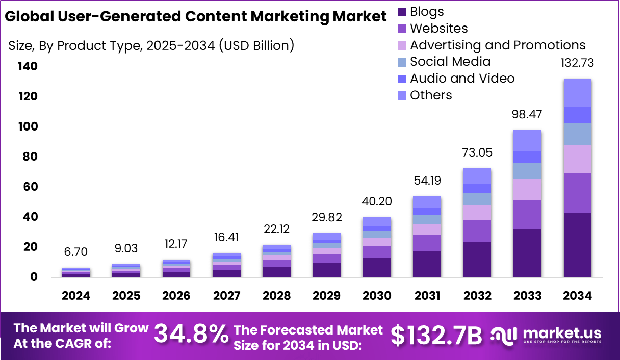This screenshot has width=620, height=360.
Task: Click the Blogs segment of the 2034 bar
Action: click(577, 245)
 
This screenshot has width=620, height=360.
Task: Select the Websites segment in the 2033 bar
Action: click(527, 215)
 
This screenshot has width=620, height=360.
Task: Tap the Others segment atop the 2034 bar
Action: click(577, 93)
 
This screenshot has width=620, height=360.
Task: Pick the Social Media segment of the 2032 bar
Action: click(477, 199)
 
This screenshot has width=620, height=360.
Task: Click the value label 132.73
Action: click(577, 63)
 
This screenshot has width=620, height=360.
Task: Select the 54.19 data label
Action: click(427, 181)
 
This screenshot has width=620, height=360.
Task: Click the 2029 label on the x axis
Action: click(327, 296)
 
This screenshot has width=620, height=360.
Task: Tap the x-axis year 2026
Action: click(177, 296)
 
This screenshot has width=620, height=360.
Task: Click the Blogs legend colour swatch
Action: click(402, 12)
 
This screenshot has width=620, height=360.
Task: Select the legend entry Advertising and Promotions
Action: click(498, 45)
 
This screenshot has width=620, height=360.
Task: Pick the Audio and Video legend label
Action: click(462, 78)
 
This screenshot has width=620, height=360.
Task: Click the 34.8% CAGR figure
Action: click(191, 335)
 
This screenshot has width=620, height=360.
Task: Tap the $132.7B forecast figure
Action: click(436, 336)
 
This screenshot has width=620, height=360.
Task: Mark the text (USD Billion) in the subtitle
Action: click(256, 45)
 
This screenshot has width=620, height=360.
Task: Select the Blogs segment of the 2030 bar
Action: click(377, 268)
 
